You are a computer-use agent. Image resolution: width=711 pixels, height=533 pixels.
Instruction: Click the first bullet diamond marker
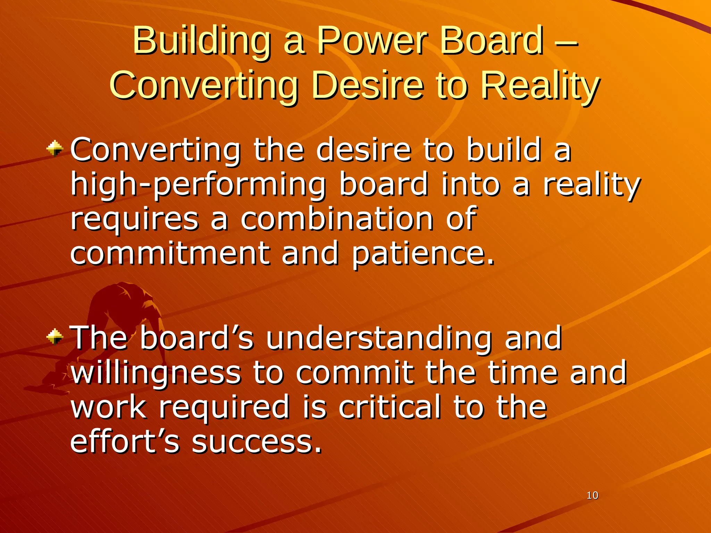(55, 149)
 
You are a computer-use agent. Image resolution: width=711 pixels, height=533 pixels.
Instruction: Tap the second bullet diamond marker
(55, 336)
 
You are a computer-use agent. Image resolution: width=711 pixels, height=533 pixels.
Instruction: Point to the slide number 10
(592, 496)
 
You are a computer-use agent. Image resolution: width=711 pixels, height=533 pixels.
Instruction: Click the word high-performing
(198, 185)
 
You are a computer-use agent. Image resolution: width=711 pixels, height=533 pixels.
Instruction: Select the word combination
(337, 219)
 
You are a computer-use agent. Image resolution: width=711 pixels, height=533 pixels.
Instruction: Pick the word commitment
(170, 253)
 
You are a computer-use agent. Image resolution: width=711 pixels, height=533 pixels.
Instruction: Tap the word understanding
(378, 338)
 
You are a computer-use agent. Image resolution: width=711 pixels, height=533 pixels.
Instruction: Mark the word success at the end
(257, 442)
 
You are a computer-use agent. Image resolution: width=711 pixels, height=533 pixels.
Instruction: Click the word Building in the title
(201, 42)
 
